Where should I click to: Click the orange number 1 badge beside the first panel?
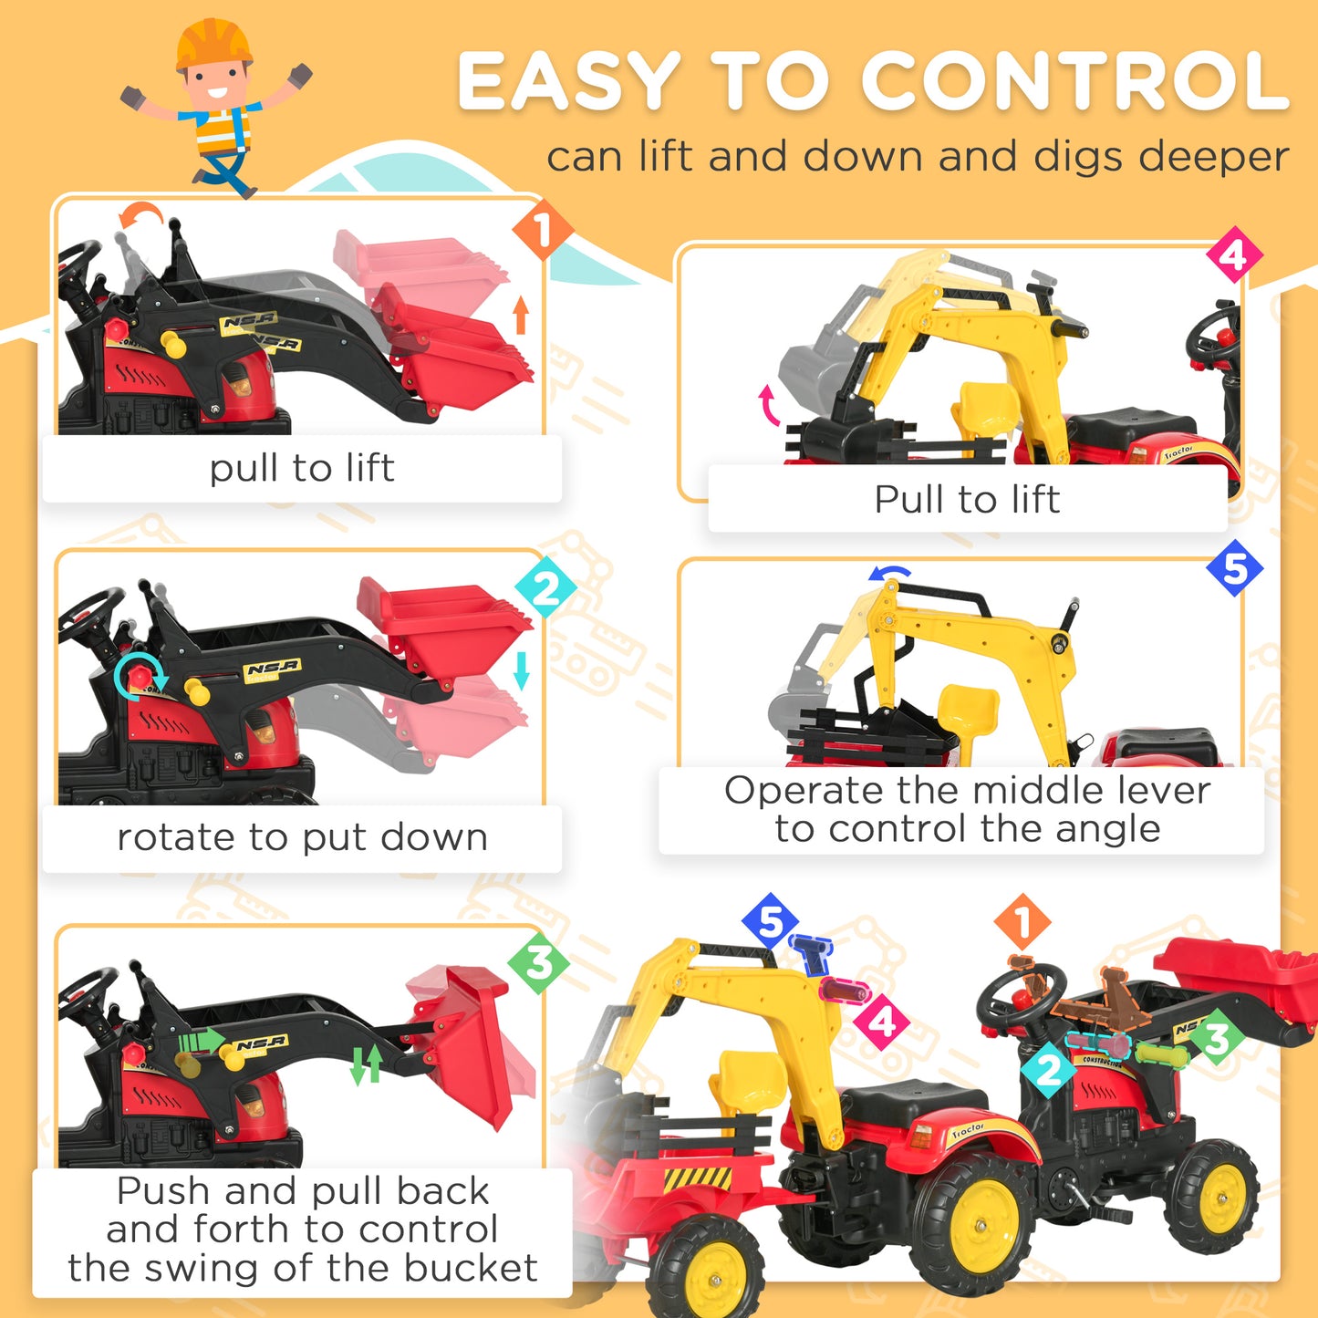(x=542, y=230)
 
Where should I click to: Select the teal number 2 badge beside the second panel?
(x=545, y=588)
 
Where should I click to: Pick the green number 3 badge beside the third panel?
(x=538, y=963)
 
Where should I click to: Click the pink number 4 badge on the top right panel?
(x=1233, y=254)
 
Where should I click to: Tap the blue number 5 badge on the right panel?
(x=1234, y=568)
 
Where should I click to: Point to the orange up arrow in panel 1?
(x=521, y=315)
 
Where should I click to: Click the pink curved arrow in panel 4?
(x=769, y=406)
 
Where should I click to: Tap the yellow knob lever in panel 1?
(x=173, y=345)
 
